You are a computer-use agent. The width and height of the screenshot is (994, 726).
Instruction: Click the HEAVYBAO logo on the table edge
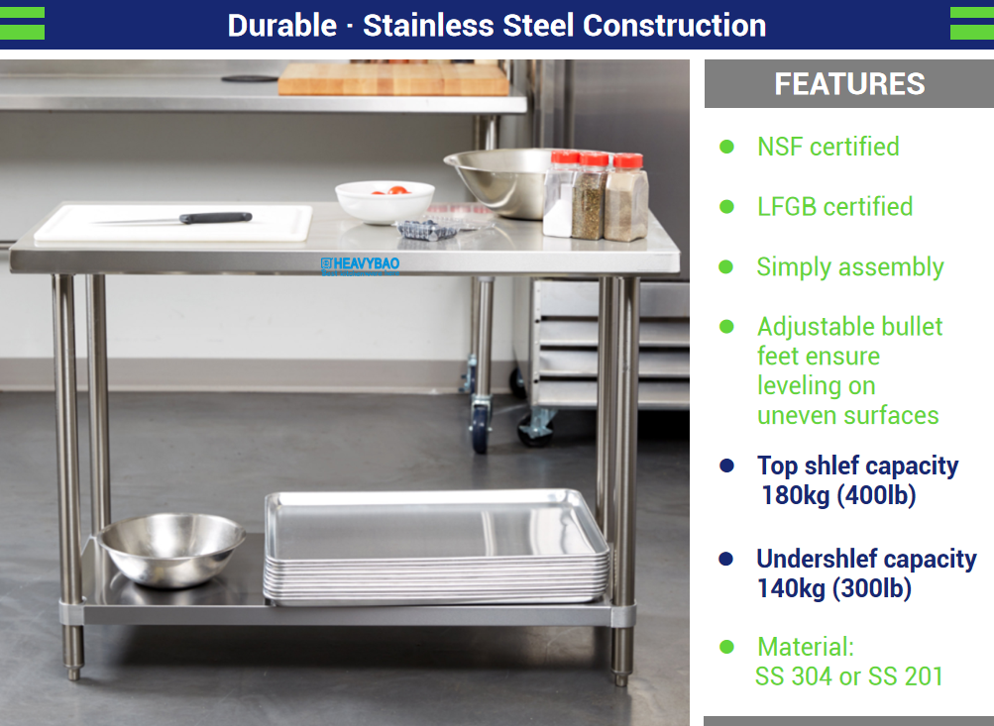click(360, 263)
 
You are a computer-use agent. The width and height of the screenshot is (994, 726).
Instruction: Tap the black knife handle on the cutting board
click(215, 218)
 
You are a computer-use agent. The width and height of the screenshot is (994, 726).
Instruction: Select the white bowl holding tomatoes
click(385, 201)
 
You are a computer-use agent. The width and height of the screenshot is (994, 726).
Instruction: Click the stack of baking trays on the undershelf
click(436, 547)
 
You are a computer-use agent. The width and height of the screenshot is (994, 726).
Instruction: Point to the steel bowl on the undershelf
click(170, 549)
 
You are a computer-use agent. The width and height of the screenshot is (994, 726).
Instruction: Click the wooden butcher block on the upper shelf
click(393, 78)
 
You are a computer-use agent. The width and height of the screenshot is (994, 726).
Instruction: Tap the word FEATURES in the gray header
click(849, 83)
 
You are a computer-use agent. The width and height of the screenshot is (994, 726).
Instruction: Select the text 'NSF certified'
click(828, 147)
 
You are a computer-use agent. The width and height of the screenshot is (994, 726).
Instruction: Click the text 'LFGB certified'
click(834, 207)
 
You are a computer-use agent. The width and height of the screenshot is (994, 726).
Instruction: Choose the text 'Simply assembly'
click(850, 267)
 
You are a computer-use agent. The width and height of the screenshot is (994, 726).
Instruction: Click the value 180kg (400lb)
click(838, 495)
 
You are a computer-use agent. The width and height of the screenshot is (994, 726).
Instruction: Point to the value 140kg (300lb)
click(834, 588)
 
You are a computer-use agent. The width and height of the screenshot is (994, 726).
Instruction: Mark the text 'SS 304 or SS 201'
click(849, 676)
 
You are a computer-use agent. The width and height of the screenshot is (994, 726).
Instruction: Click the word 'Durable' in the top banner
click(282, 26)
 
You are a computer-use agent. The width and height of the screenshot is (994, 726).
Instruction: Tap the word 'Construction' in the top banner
click(674, 26)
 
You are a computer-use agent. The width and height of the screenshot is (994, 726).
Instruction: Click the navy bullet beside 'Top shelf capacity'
click(726, 466)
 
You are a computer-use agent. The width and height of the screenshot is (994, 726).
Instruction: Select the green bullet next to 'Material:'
click(726, 647)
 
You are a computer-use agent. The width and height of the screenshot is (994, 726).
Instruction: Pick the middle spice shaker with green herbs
click(590, 195)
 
